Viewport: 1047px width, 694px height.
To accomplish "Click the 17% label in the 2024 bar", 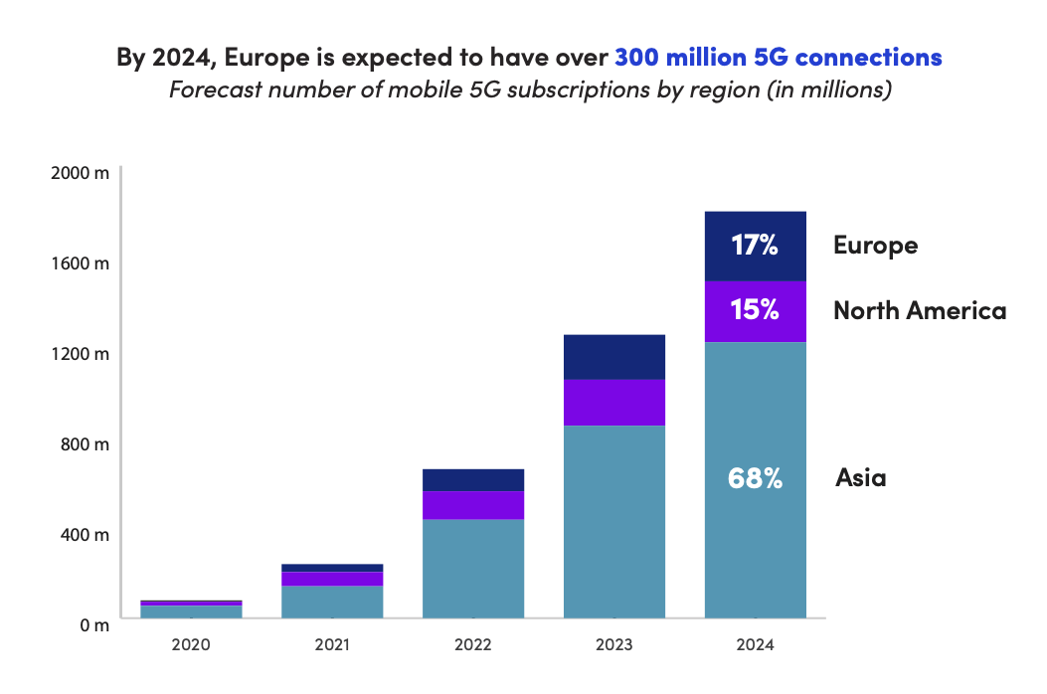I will click(755, 245).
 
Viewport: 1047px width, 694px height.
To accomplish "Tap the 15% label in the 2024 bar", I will click(755, 310).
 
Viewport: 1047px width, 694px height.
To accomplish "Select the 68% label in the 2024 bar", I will click(755, 478).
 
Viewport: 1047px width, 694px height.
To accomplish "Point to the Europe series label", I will click(875, 245).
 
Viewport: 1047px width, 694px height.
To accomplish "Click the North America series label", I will click(920, 310).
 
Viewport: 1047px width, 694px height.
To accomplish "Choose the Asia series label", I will click(861, 478).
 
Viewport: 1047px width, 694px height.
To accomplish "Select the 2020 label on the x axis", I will click(191, 644).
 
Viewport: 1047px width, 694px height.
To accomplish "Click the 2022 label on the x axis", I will click(473, 644).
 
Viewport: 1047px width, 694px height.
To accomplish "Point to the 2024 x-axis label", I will click(755, 644).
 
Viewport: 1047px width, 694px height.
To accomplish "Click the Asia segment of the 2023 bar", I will click(613, 522).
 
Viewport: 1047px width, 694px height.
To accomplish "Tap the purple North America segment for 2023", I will click(613, 402).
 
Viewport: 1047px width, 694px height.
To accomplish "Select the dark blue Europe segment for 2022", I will click(473, 479).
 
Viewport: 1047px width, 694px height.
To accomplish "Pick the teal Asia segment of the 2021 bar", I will click(332, 602).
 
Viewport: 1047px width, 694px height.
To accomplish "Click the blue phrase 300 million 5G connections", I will click(778, 57).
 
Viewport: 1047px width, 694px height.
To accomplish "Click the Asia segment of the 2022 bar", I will click(473, 569).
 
